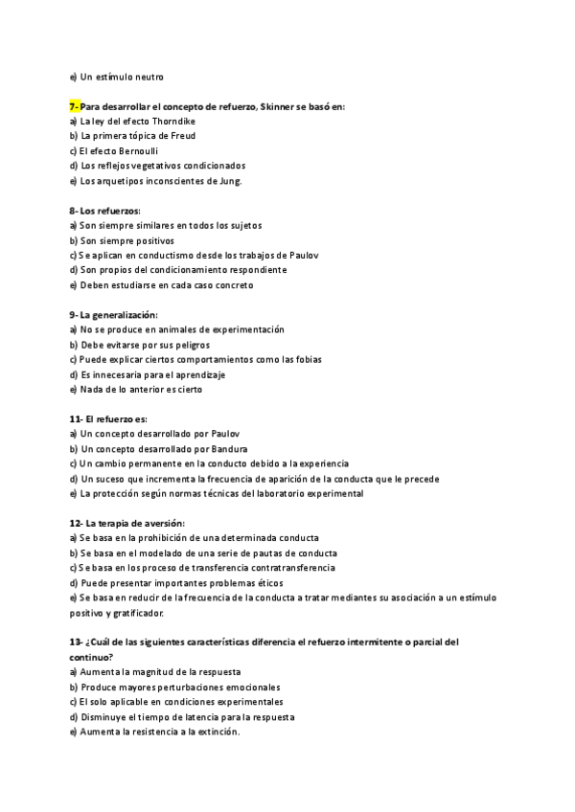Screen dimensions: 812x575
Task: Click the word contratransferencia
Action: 284,568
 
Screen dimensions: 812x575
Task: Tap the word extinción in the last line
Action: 215,732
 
